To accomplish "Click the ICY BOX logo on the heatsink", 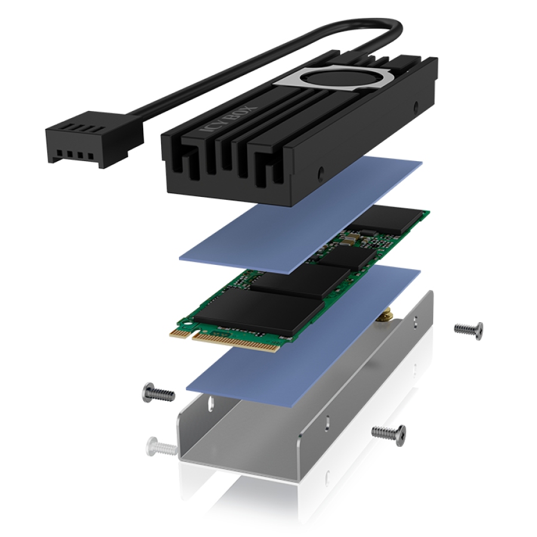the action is coord(228,119).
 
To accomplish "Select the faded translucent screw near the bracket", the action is coord(161,446).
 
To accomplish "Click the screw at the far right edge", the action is coord(469,331).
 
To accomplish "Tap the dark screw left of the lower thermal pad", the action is coord(158,393).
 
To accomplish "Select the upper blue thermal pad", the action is coord(300,215).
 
